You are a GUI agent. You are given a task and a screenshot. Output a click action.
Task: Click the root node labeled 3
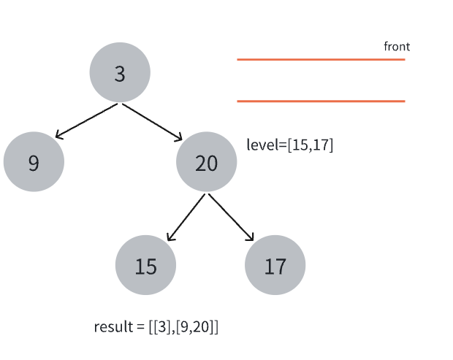click(x=120, y=72)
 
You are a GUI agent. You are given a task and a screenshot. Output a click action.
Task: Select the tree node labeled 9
click(x=34, y=161)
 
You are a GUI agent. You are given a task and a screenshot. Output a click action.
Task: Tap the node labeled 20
click(x=207, y=161)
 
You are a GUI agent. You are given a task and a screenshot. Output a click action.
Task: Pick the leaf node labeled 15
click(x=145, y=265)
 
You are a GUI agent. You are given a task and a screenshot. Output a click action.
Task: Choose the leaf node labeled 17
click(x=275, y=265)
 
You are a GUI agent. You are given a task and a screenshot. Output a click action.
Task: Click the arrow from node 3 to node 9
click(x=86, y=121)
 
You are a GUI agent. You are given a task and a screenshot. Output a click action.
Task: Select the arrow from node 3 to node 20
click(x=152, y=123)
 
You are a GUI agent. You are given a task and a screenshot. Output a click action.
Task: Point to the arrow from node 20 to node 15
click(x=186, y=217)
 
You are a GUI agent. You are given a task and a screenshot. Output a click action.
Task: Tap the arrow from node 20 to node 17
click(x=231, y=217)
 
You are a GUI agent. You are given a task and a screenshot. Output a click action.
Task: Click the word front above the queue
click(x=397, y=47)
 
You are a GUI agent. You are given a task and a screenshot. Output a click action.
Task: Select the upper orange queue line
click(x=321, y=59)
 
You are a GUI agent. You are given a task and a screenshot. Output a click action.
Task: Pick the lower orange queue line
click(x=321, y=101)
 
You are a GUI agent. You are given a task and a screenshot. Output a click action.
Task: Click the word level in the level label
click(x=262, y=145)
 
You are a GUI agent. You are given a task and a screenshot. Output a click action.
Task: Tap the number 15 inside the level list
click(x=300, y=145)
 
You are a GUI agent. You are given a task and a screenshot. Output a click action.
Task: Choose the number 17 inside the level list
click(x=320, y=145)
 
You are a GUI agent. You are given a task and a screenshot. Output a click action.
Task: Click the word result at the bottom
click(x=113, y=327)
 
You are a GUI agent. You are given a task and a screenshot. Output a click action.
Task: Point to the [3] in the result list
click(x=162, y=327)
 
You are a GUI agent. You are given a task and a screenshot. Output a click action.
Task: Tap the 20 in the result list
click(x=201, y=327)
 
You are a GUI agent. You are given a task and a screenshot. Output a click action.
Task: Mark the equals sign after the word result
click(x=140, y=327)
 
